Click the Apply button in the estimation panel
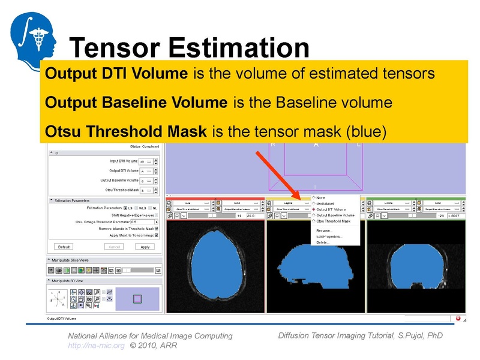[x=145, y=247]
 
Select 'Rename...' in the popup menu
[x=325, y=230]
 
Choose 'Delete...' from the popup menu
[x=323, y=242]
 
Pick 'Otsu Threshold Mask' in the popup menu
[x=333, y=221]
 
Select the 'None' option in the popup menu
[x=320, y=197]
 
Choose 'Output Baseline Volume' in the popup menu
[x=335, y=215]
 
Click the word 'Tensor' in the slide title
[x=115, y=48]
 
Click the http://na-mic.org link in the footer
[x=96, y=346]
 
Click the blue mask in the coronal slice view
[x=416, y=264]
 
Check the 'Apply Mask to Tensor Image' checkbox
[x=157, y=235]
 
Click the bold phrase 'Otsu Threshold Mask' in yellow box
[x=126, y=131]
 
